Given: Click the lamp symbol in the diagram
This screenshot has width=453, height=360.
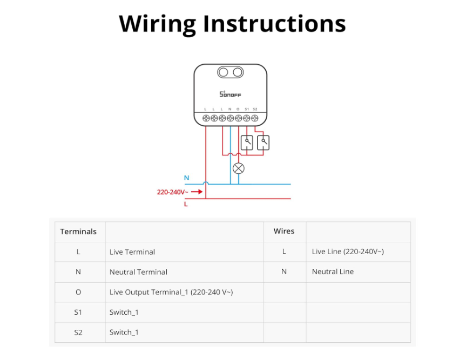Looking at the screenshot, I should (x=238, y=168).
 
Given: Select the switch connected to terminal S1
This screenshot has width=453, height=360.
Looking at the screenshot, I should (x=247, y=142).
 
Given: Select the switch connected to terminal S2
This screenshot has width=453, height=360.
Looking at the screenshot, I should (x=263, y=142).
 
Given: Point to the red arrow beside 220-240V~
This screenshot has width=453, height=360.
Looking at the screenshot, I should (x=197, y=192).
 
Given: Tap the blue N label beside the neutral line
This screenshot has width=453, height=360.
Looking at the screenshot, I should (x=187, y=178).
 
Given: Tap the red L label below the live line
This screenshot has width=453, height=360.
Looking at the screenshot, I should (x=186, y=205).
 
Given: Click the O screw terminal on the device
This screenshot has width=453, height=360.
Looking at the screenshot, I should (x=238, y=118).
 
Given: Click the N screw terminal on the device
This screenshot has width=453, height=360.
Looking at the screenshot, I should (x=230, y=118).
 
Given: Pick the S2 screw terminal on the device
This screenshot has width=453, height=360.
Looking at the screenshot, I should (x=255, y=118).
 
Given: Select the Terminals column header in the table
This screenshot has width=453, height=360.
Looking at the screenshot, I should (x=78, y=232).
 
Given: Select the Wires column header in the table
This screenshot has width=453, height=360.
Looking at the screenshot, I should (x=284, y=231).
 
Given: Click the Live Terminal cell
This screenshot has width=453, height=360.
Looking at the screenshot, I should (x=132, y=252).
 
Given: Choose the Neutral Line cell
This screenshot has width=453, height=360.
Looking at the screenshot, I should (x=333, y=271).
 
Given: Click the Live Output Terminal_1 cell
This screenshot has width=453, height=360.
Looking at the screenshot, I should (x=171, y=292).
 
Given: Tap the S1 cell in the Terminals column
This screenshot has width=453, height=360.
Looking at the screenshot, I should (x=78, y=313).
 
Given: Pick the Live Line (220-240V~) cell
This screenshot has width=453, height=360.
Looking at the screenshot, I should (x=348, y=252).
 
